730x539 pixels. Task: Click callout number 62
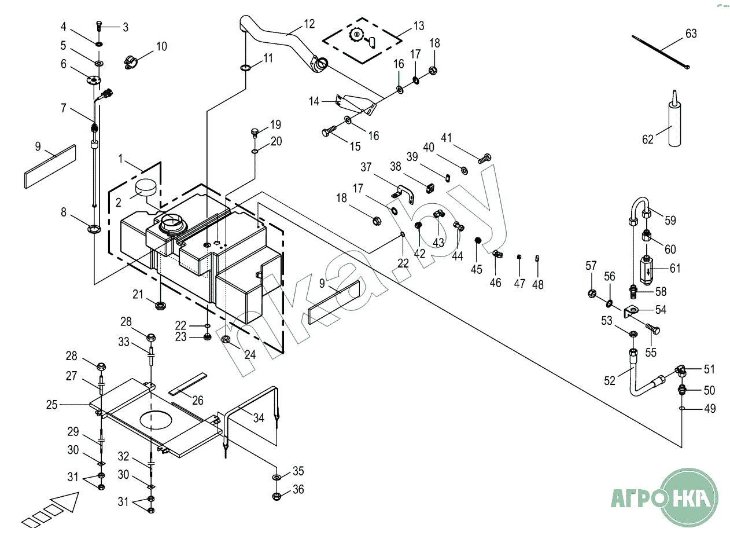pyautogui.click(x=648, y=139)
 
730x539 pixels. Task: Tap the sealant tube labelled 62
pyautogui.click(x=674, y=123)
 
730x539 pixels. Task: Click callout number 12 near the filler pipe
pyautogui.click(x=309, y=24)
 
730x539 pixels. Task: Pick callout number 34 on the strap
pyautogui.click(x=259, y=417)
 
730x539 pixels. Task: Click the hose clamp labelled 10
pyautogui.click(x=132, y=60)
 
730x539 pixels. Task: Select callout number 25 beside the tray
pyautogui.click(x=52, y=405)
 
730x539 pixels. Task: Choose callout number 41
pyautogui.click(x=446, y=138)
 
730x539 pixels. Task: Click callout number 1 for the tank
pyautogui.click(x=121, y=158)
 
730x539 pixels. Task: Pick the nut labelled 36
pyautogui.click(x=276, y=496)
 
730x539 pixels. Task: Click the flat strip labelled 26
pyautogui.click(x=189, y=383)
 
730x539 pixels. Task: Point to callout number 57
pyautogui.click(x=591, y=266)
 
